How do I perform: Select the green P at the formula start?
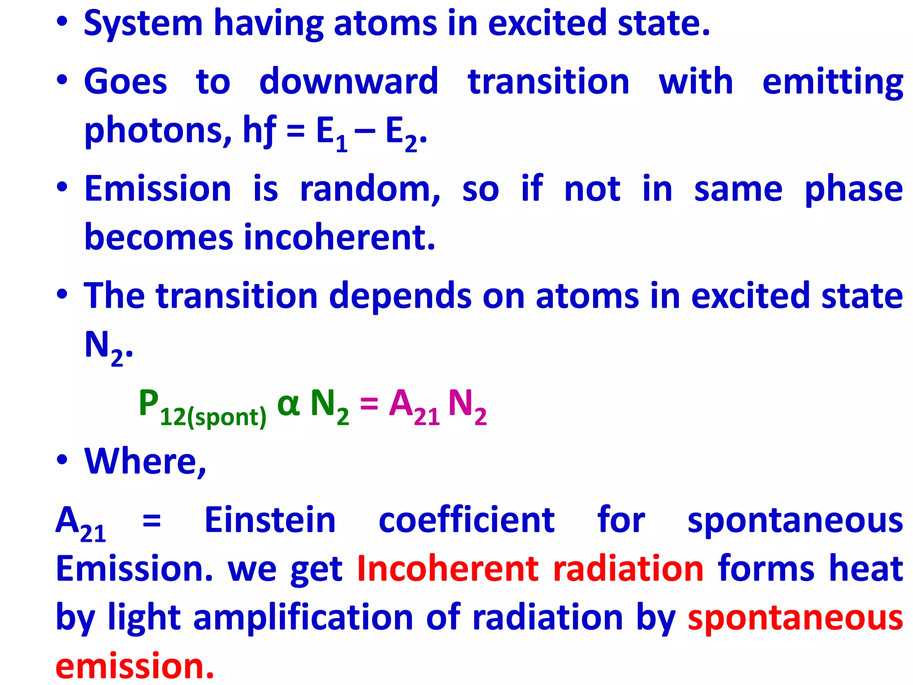pyautogui.click(x=149, y=403)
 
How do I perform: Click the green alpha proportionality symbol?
pyautogui.click(x=288, y=404)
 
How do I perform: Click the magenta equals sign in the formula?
pyautogui.click(x=369, y=404)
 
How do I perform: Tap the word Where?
pyautogui.click(x=145, y=461)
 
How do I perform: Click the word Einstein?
pyautogui.click(x=270, y=520)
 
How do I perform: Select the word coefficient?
pyautogui.click(x=466, y=520)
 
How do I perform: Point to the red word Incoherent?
pyautogui.click(x=448, y=569)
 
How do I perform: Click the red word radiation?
pyautogui.click(x=628, y=569)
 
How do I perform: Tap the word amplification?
pyautogui.click(x=303, y=618)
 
